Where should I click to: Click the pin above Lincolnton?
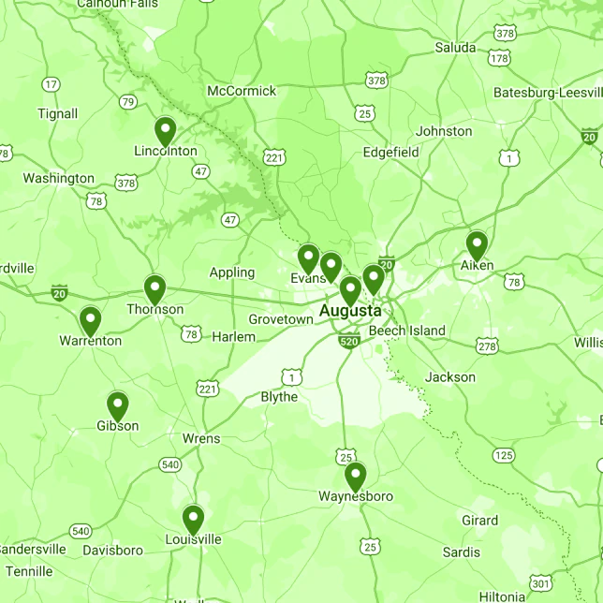pos(165,131)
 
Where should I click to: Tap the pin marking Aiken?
pos(477,245)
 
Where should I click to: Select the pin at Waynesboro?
pos(355,477)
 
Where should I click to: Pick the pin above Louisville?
pos(193,519)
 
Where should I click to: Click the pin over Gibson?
pos(117,406)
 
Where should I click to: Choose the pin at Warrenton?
pos(90,321)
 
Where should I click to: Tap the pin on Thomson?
pos(154,290)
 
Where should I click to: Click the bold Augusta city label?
pos(350,310)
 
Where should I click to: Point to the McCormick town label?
pos(242,91)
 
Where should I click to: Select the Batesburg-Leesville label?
pos(548,92)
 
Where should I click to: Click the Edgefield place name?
pos(390,152)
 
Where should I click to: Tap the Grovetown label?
pos(281,319)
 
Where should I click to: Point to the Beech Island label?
pos(406,331)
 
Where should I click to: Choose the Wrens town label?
pos(201,438)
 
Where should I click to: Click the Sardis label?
pos(462,552)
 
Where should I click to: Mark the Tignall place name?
pos(57,114)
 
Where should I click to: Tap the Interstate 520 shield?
pos(348,342)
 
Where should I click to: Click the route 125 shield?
pos(504,455)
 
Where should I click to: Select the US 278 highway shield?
pos(487,346)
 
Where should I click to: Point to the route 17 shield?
pos(51,84)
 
